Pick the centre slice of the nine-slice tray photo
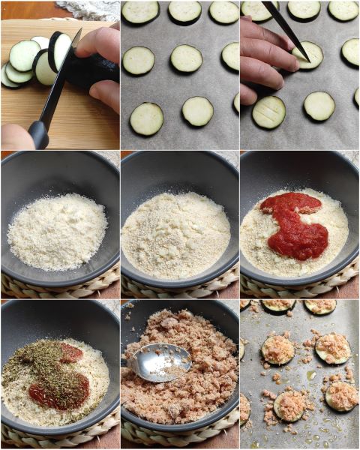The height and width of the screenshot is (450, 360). pyautogui.click(x=186, y=58)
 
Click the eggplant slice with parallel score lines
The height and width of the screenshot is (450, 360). pyautogui.click(x=268, y=112)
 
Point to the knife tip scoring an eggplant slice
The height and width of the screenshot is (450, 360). pyautogui.click(x=305, y=57)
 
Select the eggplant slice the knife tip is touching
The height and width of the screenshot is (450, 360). pyautogui.click(x=309, y=55)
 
